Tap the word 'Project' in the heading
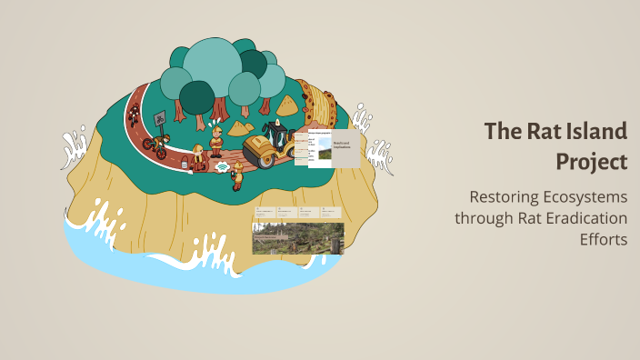click(592, 161)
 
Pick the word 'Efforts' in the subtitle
click(604, 239)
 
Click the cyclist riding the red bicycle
click(155, 144)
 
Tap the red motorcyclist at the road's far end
click(134, 113)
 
